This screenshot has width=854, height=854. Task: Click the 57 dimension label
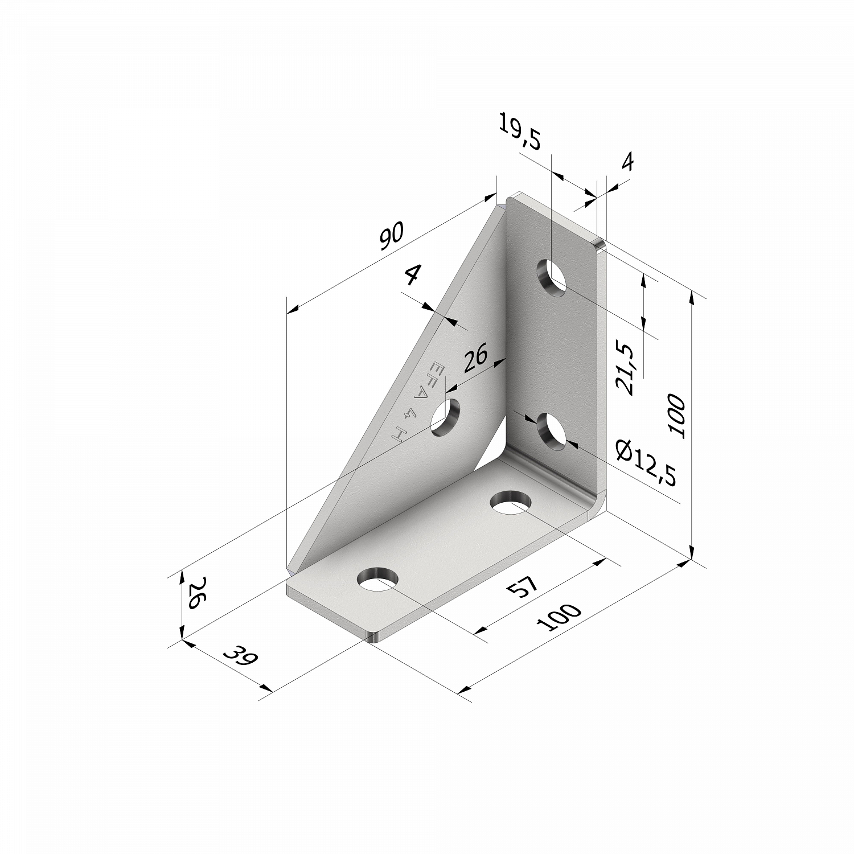coord(522,587)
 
